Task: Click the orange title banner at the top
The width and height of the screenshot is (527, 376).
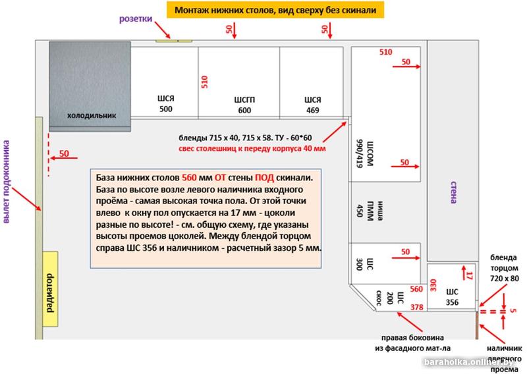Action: pyautogui.click(x=275, y=10)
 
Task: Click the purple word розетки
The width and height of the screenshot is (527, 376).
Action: pyautogui.click(x=136, y=19)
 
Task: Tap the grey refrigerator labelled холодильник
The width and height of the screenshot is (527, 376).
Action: pyautogui.click(x=90, y=86)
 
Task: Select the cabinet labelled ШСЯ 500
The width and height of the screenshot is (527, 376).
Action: pyautogui.click(x=164, y=83)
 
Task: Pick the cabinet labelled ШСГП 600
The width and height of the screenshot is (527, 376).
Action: pyautogui.click(x=239, y=83)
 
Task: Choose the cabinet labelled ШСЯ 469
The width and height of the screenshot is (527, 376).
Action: pyautogui.click(x=312, y=83)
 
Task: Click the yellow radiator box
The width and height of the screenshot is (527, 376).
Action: pyautogui.click(x=50, y=289)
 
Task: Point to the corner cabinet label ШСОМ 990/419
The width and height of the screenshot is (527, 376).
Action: pyautogui.click(x=364, y=153)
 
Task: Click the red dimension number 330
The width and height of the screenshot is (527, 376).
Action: pyautogui.click(x=433, y=285)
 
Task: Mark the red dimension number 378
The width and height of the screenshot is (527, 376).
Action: pyautogui.click(x=417, y=307)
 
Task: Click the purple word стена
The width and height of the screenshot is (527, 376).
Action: pyautogui.click(x=453, y=192)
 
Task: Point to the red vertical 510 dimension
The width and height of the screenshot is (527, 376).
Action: pyautogui.click(x=204, y=82)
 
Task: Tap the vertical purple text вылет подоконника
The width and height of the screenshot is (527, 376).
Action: pyautogui.click(x=7, y=182)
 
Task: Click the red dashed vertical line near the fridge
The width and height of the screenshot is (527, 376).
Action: pyautogui.click(x=49, y=155)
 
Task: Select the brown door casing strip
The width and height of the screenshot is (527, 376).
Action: pyautogui.click(x=476, y=325)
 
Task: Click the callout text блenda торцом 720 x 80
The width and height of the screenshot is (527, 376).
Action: pyautogui.click(x=504, y=268)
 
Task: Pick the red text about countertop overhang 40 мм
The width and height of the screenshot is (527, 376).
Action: pyautogui.click(x=252, y=149)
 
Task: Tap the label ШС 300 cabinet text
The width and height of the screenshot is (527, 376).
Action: pyautogui.click(x=365, y=264)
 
